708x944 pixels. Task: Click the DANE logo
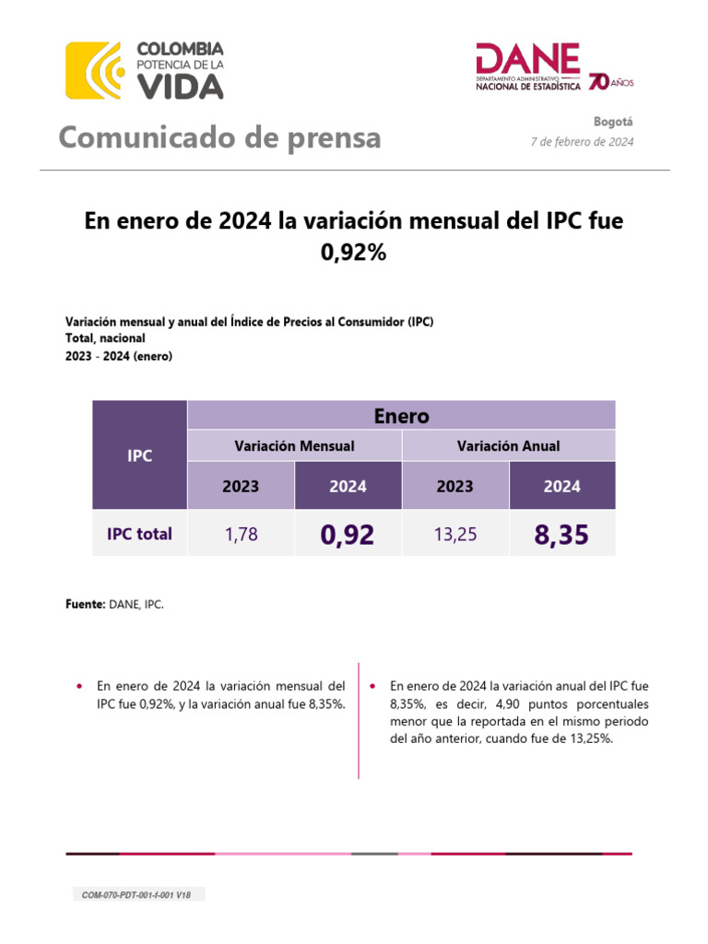[528, 67]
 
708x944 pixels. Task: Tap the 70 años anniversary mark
[610, 82]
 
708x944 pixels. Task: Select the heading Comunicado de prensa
[219, 137]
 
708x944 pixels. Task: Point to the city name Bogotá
[615, 122]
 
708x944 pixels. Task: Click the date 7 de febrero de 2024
[582, 142]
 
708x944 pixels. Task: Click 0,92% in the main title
[353, 251]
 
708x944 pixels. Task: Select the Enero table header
[401, 416]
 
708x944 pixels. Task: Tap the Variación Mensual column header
[294, 445]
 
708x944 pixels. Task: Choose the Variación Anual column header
[508, 445]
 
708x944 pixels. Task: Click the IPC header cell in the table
[139, 455]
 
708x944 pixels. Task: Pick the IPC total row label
[139, 533]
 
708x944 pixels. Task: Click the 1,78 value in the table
[241, 534]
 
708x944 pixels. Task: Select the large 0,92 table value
[348, 534]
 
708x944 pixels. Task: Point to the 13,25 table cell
[454, 534]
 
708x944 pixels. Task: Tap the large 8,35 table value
[561, 534]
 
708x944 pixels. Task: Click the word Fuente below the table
[86, 604]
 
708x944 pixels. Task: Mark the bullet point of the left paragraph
[80, 687]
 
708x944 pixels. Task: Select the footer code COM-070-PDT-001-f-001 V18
[138, 895]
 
